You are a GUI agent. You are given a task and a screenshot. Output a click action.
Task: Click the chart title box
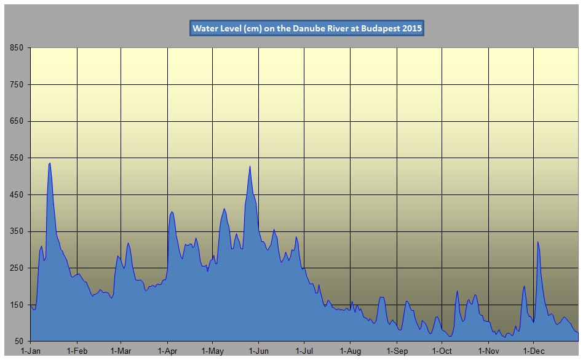click(306, 28)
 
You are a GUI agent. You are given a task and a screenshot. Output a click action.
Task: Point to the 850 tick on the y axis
click(17, 48)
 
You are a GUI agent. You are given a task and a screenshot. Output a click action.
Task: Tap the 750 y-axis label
click(17, 85)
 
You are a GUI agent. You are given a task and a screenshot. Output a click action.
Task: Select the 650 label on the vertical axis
click(17, 121)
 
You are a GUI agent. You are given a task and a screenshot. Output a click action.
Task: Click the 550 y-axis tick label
click(17, 158)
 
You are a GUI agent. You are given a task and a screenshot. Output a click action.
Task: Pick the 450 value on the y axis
click(17, 195)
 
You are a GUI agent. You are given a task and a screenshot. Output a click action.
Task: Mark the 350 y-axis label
click(17, 231)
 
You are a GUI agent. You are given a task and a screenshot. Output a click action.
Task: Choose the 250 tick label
click(17, 268)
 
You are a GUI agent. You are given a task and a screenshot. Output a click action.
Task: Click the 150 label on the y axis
click(17, 305)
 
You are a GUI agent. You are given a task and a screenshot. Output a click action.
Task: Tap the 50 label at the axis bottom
click(18, 342)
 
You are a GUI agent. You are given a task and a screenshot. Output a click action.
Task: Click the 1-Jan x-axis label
click(30, 351)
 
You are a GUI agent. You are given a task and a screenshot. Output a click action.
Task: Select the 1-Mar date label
click(121, 351)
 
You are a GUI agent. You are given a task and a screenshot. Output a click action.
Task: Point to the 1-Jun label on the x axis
click(258, 351)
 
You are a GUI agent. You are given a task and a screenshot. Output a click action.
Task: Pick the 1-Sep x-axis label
click(397, 351)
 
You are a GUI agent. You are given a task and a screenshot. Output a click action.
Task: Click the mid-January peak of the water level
click(49, 163)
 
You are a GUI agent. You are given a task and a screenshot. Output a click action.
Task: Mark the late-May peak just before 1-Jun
click(250, 166)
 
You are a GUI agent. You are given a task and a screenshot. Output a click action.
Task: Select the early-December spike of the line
click(537, 242)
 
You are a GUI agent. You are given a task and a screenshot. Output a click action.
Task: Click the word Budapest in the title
click(381, 28)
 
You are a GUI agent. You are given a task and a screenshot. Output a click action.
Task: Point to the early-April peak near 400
click(172, 212)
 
